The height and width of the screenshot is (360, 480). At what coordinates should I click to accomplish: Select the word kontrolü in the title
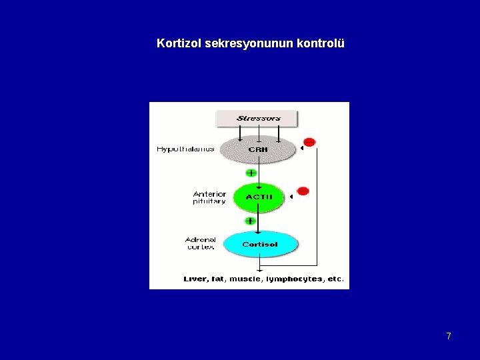click(321, 44)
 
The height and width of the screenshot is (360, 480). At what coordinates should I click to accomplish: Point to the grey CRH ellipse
click(258, 149)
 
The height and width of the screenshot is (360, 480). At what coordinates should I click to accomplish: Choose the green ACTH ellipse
click(259, 197)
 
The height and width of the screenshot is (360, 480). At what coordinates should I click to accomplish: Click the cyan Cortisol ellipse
click(259, 244)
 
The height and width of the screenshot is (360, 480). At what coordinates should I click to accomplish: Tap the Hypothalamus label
click(185, 149)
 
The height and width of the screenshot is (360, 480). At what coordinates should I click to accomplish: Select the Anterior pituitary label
click(209, 197)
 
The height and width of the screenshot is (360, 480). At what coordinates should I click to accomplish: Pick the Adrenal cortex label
click(200, 243)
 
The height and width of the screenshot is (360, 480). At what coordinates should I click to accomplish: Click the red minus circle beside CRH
click(309, 141)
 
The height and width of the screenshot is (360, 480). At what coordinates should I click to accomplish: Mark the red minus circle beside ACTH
click(303, 191)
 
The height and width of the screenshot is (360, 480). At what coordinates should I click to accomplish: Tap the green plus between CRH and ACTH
click(251, 173)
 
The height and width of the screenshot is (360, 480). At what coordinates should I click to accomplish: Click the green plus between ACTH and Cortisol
click(250, 221)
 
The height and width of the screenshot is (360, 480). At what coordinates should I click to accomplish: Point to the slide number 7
click(449, 336)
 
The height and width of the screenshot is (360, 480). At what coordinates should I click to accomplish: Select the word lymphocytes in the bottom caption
click(294, 279)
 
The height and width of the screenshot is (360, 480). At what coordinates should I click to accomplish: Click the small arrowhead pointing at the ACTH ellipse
click(291, 197)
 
